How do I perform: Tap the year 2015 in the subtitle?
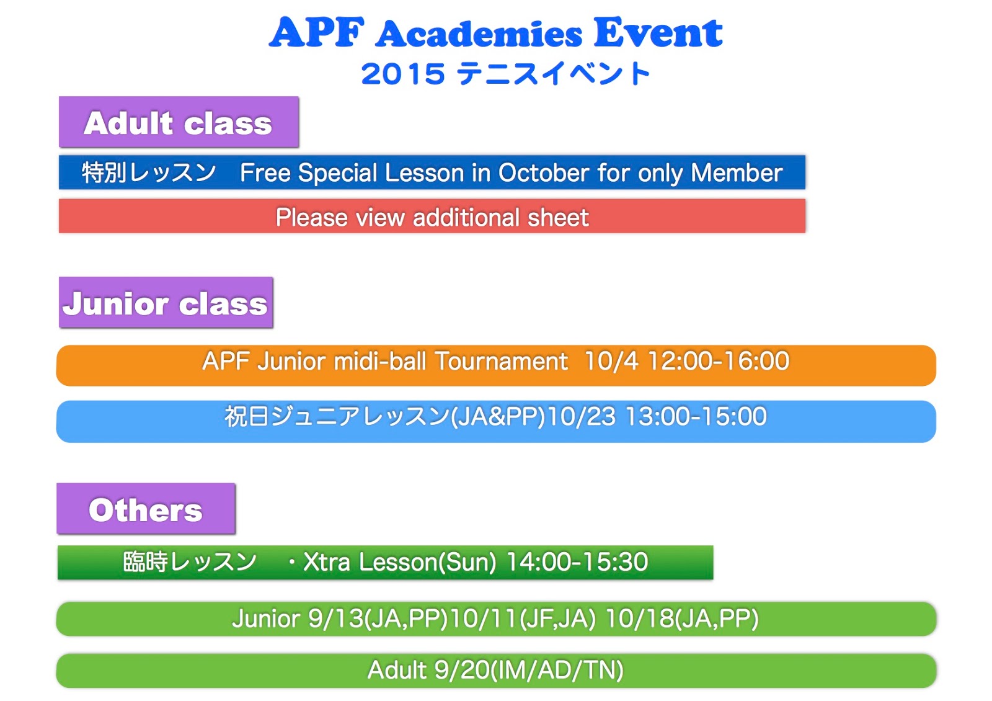[403, 74]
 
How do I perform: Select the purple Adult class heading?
[179, 123]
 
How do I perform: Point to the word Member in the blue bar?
[737, 173]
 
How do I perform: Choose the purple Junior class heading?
[166, 303]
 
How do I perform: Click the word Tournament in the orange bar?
[501, 361]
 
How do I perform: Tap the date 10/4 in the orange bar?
[611, 361]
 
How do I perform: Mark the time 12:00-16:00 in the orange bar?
[719, 361]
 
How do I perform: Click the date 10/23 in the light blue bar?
[581, 417]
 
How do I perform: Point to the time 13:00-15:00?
[696, 417]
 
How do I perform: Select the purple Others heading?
[146, 510]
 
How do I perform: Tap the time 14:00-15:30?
[577, 562]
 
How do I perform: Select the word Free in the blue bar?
[265, 173]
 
